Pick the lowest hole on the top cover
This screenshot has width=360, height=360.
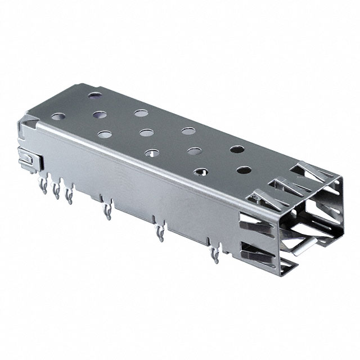200,172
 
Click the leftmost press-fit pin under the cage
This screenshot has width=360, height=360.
44,186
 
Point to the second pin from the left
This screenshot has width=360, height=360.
56,191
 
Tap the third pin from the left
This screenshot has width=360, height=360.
69,195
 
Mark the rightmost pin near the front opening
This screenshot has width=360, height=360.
214,256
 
